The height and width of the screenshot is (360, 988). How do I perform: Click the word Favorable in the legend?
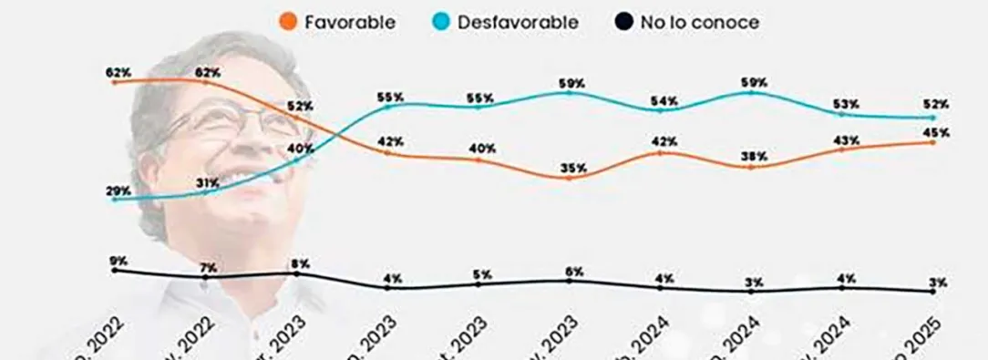pos(350,22)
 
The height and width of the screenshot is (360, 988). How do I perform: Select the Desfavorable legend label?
pos(519,22)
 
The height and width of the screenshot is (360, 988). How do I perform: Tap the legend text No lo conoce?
pos(698,22)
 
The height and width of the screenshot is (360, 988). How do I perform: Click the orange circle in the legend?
pos(289,22)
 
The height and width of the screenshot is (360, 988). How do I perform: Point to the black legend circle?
pos(624,22)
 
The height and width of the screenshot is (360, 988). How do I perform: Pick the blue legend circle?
pos(440,22)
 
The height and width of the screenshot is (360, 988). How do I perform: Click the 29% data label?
pos(118,191)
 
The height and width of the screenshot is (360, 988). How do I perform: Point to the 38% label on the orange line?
pos(754,156)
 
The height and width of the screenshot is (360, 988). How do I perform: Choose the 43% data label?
pos(846,140)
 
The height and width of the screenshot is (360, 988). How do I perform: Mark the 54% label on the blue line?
pos(664,100)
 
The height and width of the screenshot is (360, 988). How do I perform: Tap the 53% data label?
pos(846,103)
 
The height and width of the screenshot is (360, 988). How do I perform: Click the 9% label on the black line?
pos(118,261)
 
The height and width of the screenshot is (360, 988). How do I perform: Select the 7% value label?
pos(208,266)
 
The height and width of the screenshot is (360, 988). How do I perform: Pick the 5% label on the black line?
pos(482,274)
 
